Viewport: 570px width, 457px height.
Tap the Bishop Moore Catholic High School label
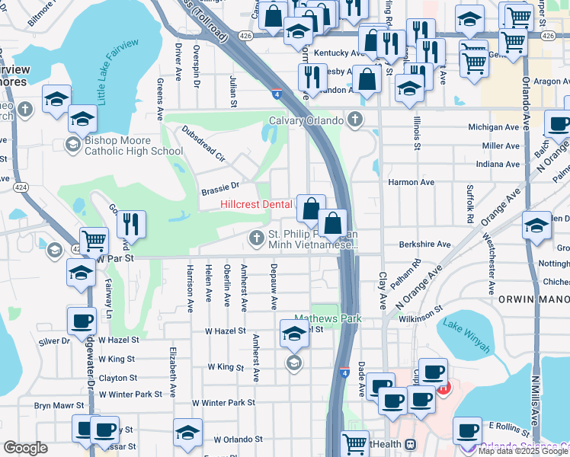tap(133, 145)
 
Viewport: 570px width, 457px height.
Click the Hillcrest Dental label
tap(257, 204)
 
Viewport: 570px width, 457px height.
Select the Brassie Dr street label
tap(219, 185)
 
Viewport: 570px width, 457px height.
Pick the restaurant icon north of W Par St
tap(132, 223)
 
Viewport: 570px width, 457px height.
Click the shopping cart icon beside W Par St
tap(94, 241)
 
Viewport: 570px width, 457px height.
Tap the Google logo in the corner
tap(25, 448)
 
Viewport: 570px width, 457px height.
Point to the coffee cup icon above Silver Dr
tap(82, 321)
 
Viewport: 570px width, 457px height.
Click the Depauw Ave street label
tap(274, 286)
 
